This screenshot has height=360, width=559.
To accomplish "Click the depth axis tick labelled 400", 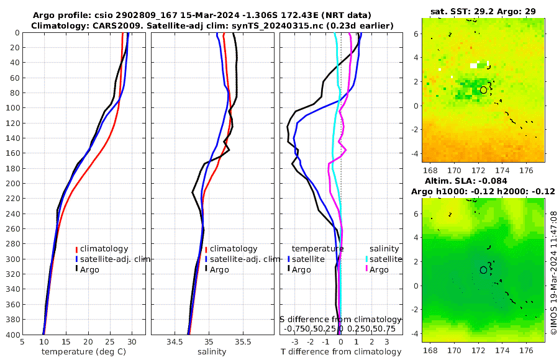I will (11, 335).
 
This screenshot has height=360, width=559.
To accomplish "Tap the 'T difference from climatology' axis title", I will (341, 352).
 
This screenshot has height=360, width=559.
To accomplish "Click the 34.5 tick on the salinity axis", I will (175, 341).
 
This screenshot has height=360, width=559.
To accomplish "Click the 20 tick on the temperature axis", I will (88, 341).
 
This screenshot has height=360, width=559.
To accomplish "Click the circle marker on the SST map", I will (483, 90).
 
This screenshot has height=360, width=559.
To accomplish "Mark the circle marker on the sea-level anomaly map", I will (483, 270).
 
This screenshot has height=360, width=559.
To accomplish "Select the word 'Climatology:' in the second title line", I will (57, 25).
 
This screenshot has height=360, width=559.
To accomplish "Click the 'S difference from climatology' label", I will (341, 319).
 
